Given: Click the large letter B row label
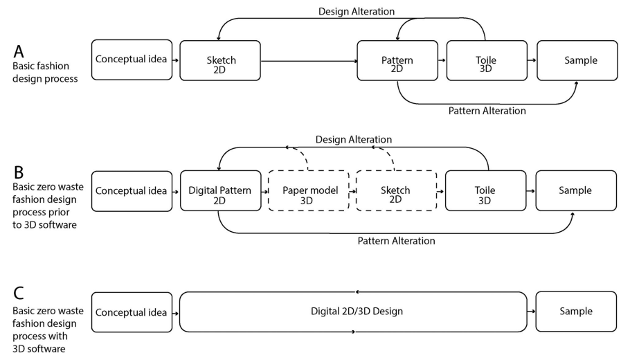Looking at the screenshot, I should (x=19, y=168).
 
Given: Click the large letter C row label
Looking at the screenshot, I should (x=19, y=293).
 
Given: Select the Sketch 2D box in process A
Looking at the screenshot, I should (x=220, y=60).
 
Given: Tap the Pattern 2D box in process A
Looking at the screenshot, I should (x=397, y=60).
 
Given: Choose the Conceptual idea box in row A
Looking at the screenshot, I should (x=132, y=60).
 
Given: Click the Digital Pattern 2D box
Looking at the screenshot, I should (x=220, y=190).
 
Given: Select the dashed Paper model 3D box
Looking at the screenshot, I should (x=309, y=190).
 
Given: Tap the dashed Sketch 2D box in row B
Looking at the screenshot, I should (x=396, y=190).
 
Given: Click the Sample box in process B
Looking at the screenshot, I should (x=576, y=190).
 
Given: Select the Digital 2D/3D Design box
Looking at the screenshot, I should (x=357, y=312).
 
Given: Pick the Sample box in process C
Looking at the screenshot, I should (x=576, y=312).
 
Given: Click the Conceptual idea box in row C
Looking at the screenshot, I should (x=132, y=312).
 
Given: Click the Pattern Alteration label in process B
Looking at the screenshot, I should (x=396, y=241).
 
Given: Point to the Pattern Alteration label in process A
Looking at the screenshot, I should (x=487, y=111).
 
